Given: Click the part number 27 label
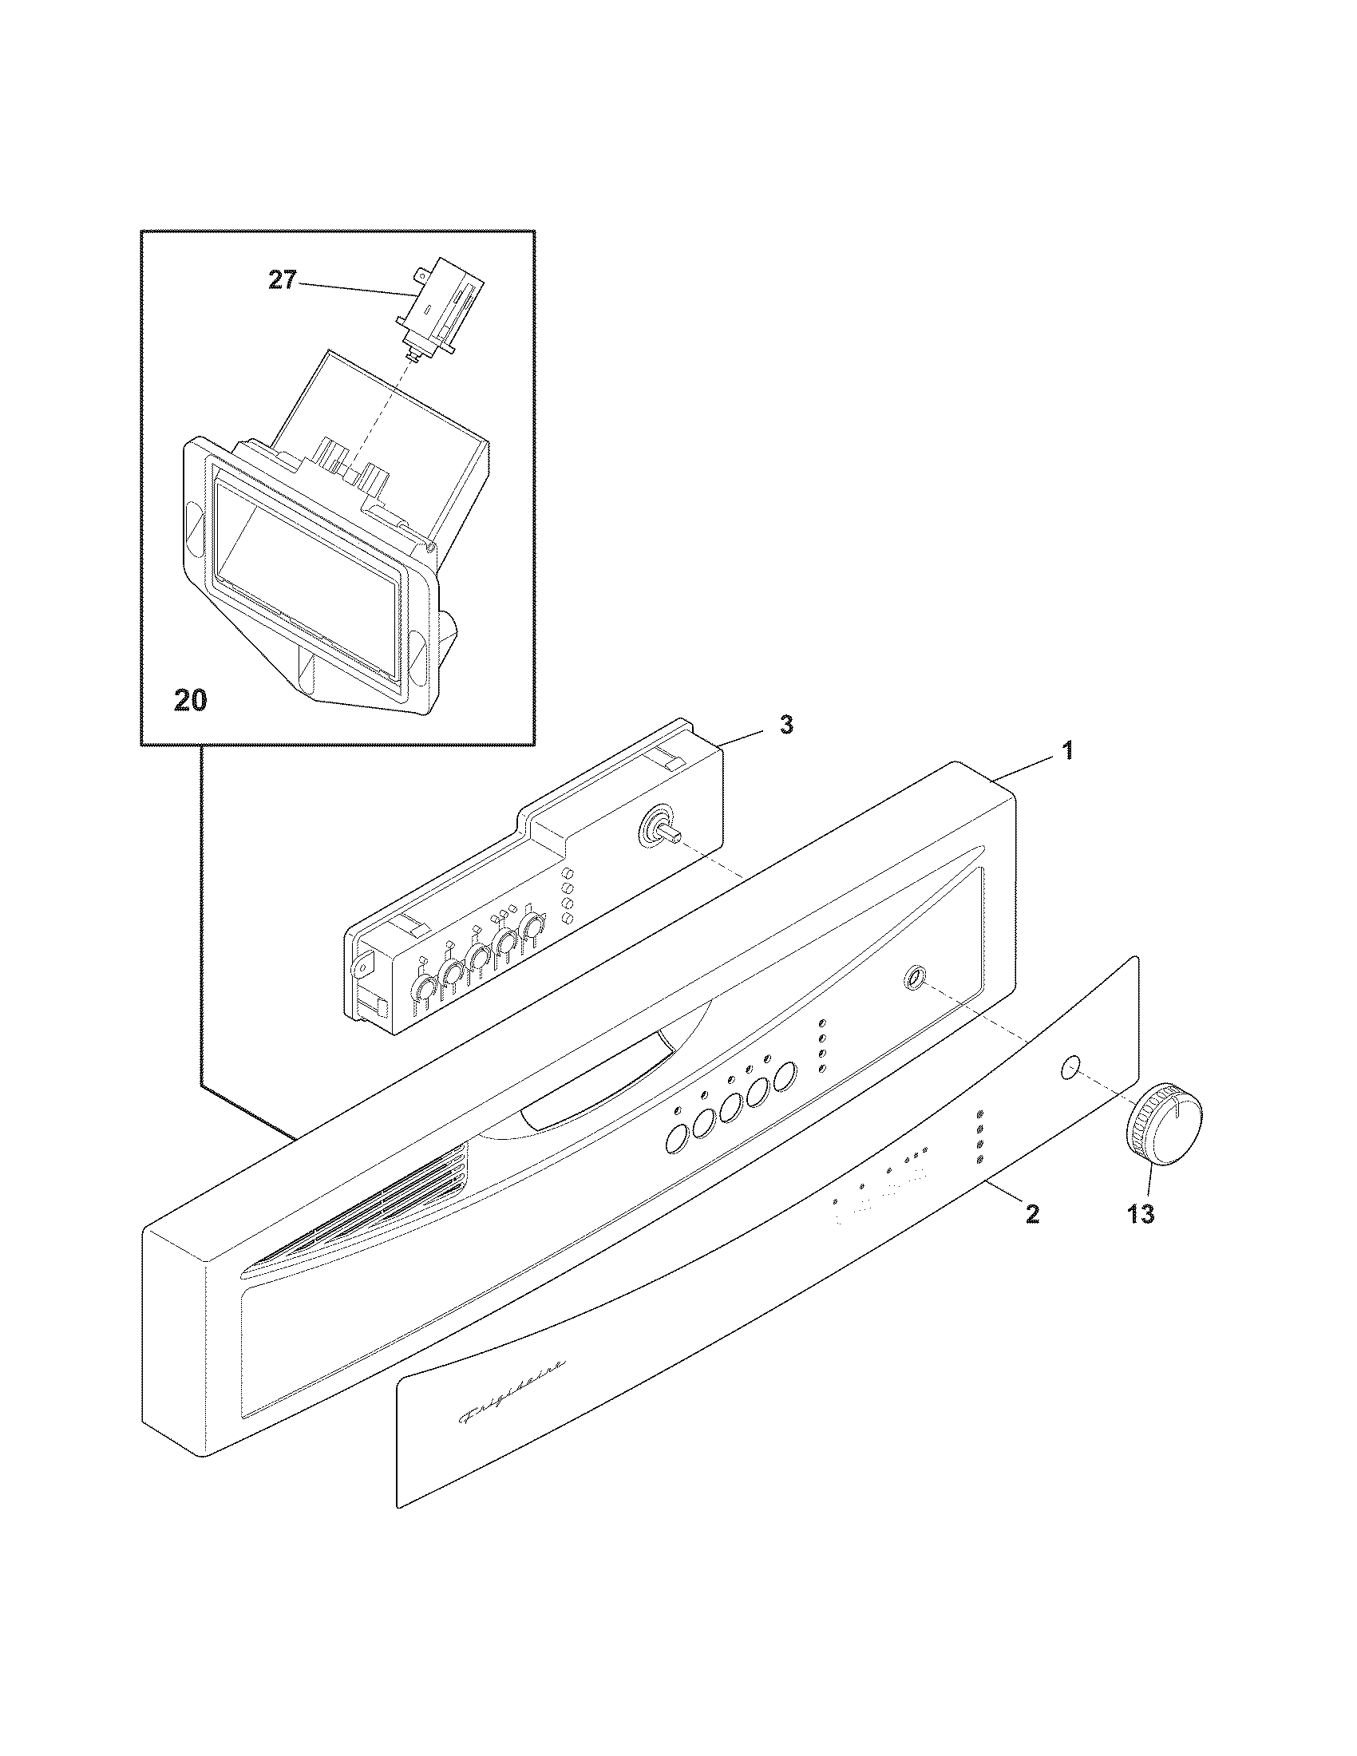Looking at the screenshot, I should pos(282,283).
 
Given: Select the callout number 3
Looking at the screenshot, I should pos(786,725).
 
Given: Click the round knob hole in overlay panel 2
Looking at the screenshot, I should pos(1070,1068).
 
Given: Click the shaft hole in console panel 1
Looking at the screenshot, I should pos(913,978).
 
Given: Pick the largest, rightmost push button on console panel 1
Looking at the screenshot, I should pos(785,1076).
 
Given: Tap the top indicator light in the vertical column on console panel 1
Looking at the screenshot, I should pos(822,1023).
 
